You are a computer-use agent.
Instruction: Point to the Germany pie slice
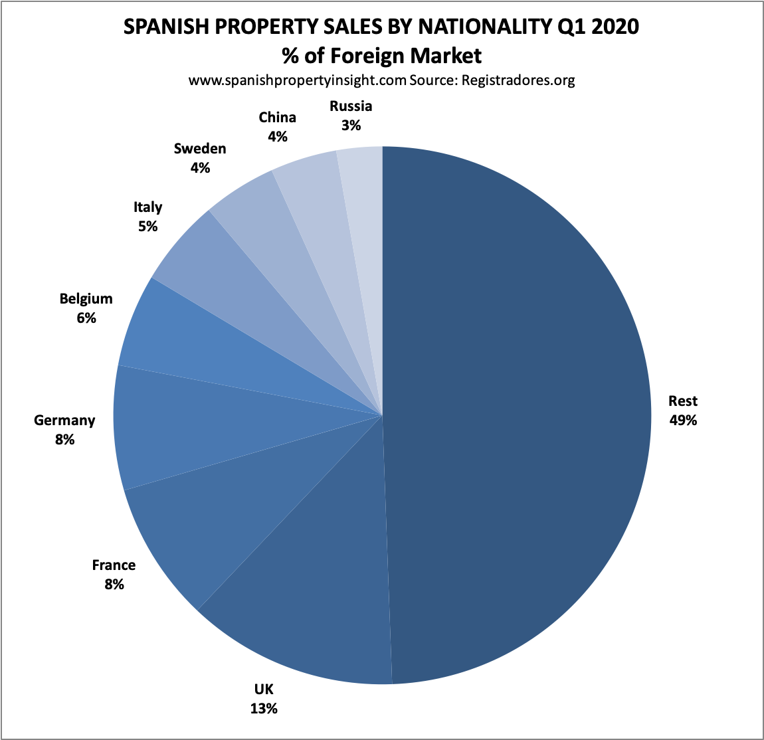click(x=186, y=425)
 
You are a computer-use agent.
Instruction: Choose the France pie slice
click(x=219, y=518)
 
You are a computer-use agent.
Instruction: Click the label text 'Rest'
click(x=683, y=401)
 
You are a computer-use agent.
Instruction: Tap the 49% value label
click(x=683, y=420)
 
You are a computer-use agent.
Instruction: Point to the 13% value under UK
click(x=264, y=708)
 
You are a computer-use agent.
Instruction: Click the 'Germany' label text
click(x=64, y=420)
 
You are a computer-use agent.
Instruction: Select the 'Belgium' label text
click(x=86, y=299)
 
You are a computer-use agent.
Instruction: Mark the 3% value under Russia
click(x=351, y=125)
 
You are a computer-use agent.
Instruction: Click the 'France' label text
click(x=114, y=565)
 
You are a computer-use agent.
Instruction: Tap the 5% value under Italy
click(x=147, y=226)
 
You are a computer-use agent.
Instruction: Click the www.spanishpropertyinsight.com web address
click(x=297, y=80)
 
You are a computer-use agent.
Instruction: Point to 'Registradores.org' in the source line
click(x=518, y=80)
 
